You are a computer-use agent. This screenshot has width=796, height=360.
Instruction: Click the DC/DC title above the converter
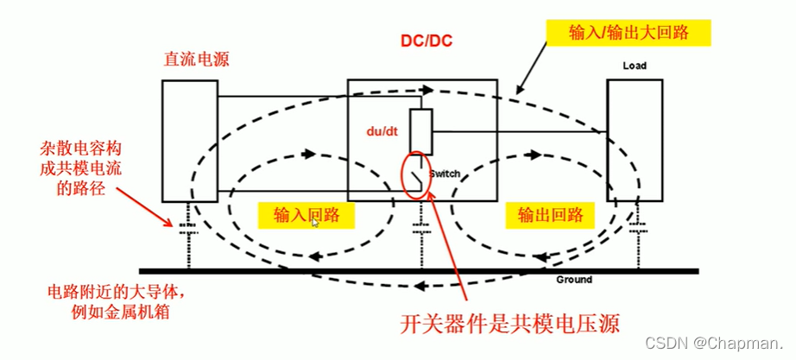click(426, 41)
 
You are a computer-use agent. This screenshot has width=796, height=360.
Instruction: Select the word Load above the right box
click(635, 65)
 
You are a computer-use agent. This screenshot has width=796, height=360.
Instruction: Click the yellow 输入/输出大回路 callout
click(629, 33)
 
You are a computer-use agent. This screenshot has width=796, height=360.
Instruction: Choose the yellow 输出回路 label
click(550, 214)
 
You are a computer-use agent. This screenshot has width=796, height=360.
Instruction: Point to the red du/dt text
click(380, 130)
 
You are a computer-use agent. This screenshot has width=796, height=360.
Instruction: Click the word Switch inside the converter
click(445, 174)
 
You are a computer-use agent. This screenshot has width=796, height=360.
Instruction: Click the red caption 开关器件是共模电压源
click(511, 323)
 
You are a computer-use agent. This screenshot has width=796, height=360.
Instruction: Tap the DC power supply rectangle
click(189, 137)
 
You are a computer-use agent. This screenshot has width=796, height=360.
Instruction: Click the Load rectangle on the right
click(635, 138)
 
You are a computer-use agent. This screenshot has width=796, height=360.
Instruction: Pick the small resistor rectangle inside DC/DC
click(420, 132)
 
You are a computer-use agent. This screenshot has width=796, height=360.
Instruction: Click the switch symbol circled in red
click(418, 175)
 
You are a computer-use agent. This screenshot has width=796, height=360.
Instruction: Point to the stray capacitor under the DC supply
click(187, 230)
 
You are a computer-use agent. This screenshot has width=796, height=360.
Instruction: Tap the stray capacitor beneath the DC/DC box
click(420, 231)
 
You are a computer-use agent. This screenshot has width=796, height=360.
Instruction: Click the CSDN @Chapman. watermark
click(730, 343)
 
